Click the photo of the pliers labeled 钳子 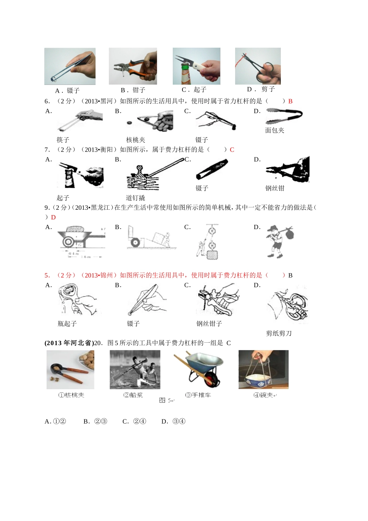click(x=133, y=66)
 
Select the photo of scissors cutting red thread click(x=258, y=66)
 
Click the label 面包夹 click(x=275, y=130)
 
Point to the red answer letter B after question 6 click(x=290, y=101)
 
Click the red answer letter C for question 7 click(x=232, y=150)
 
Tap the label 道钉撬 click(x=135, y=198)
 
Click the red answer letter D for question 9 click(x=53, y=217)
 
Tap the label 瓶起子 click(x=67, y=324)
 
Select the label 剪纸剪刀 click(x=279, y=333)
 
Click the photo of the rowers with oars click(x=135, y=369)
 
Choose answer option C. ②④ click(x=134, y=421)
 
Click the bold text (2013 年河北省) click(x=69, y=343)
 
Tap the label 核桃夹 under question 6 click(x=136, y=140)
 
